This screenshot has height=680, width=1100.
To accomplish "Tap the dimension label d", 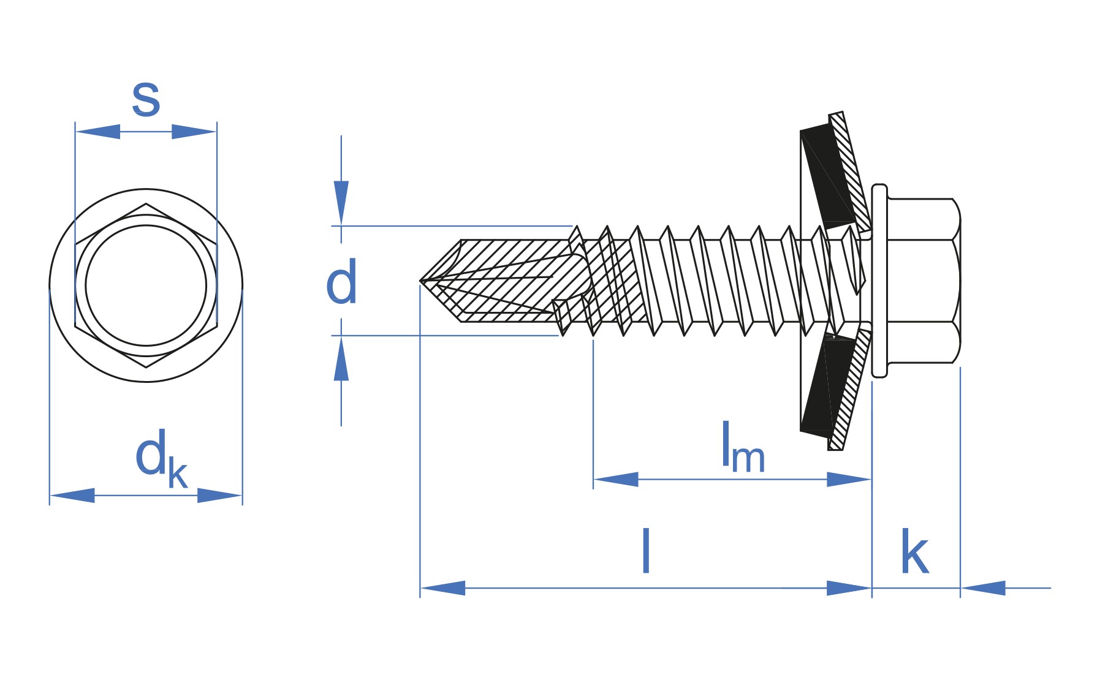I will coord(341,282).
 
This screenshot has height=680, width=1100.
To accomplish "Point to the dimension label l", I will coord(645,551).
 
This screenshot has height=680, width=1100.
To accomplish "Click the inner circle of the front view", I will coord(146,285).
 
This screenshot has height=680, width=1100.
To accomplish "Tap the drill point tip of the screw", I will coord(422,281).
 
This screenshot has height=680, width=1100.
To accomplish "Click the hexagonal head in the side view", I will coord(922,281).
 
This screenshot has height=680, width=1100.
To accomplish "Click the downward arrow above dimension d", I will coord(341,202).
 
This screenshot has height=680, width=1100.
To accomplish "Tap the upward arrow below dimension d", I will coord(341,360).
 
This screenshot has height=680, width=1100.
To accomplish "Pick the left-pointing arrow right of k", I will coord(983,588).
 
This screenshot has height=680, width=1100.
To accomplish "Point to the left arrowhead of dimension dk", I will coord(72,496).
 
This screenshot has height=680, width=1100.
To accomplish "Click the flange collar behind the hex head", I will coord(879,281).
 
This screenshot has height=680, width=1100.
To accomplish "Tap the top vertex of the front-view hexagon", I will coord(146,205).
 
